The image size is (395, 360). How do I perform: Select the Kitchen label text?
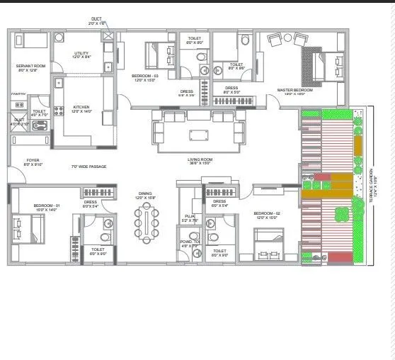point(81,108)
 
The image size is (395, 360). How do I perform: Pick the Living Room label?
point(200,161)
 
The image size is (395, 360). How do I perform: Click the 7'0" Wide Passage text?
point(88,167)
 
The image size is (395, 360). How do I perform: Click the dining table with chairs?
point(147,220)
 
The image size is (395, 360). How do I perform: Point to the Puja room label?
point(188,218)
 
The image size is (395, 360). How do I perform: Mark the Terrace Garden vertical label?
point(370,188)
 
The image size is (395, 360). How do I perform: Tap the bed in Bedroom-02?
point(268,244)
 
